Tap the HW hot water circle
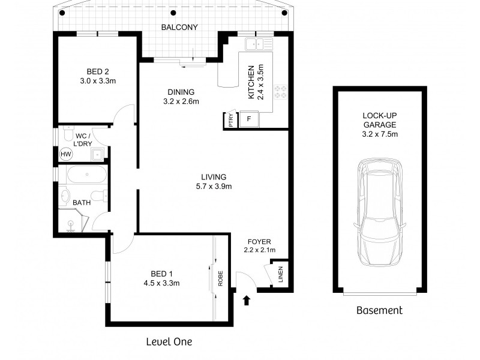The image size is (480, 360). coord(65,155)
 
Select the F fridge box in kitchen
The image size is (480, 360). coord(249,119)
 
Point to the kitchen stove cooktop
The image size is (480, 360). coord(280,92)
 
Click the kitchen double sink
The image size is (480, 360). coord(260,43)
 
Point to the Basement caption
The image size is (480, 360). coord(379,310)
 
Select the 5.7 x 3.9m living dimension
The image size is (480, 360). coord(214,186)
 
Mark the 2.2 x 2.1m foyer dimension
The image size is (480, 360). coord(259,250)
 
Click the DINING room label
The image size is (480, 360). coord(181,92)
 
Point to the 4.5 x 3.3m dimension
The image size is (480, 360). coord(161,283)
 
